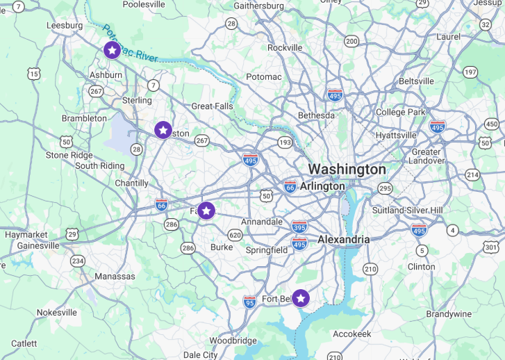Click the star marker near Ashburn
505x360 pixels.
click(112, 50)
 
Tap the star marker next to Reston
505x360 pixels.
click(163, 130)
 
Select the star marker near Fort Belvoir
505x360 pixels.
click(300, 298)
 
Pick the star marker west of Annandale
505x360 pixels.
click(206, 211)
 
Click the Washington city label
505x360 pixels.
click(347, 169)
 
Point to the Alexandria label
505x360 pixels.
click(343, 239)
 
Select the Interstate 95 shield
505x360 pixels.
click(249, 302)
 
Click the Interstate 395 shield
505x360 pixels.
click(299, 227)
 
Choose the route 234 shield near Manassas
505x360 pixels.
click(77, 261)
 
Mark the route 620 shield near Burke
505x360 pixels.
click(235, 235)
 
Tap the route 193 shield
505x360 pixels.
click(285, 142)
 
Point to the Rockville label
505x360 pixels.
click(285, 48)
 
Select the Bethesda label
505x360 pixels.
click(316, 115)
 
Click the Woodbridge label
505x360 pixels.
click(233, 341)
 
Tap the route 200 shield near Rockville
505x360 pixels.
click(351, 42)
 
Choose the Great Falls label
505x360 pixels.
click(212, 106)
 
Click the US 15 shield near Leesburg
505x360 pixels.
click(33, 74)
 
